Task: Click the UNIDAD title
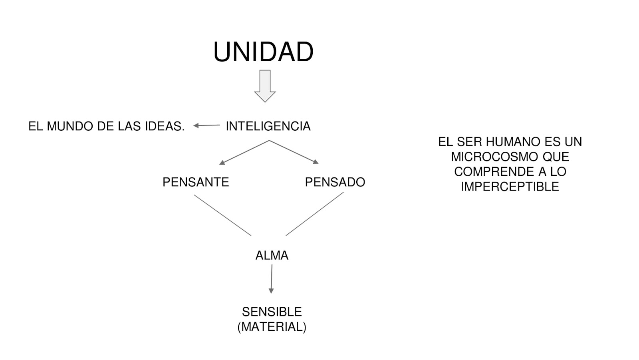263,52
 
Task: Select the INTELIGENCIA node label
268,126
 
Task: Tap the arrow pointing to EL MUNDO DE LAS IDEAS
206,125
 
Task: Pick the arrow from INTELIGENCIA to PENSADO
294,152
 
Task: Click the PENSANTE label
196,182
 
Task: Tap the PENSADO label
335,182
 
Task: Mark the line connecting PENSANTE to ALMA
222,215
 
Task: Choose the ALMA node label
272,255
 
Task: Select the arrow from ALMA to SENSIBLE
272,279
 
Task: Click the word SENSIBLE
272,312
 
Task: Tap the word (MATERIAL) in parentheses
272,327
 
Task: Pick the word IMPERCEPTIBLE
510,187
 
